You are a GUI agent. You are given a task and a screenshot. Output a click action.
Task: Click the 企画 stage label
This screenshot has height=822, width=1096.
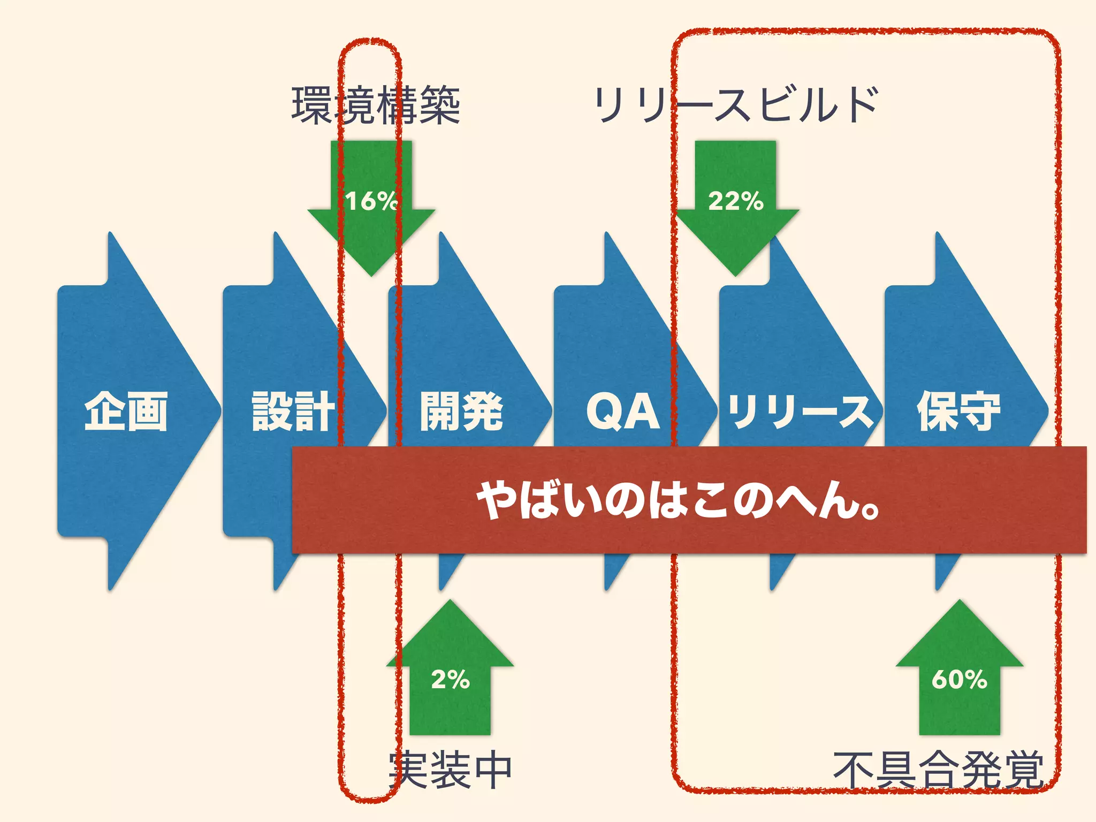click(x=126, y=411)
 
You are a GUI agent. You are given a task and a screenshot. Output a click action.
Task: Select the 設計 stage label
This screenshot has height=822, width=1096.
click(x=293, y=411)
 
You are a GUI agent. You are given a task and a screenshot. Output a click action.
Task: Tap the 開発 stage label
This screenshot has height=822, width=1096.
click(x=461, y=411)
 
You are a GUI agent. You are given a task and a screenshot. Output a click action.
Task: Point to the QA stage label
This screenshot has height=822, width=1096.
click(x=623, y=411)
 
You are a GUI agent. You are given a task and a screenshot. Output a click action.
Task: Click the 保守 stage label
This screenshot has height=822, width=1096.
click(x=958, y=411)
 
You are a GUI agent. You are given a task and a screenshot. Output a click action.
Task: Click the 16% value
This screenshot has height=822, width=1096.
click(x=371, y=201)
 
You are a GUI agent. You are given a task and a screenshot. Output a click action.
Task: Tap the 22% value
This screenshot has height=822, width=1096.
click(x=735, y=201)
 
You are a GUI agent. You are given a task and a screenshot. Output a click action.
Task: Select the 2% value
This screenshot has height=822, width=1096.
click(x=450, y=680)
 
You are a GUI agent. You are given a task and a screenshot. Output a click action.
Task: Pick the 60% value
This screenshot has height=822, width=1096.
click(x=959, y=680)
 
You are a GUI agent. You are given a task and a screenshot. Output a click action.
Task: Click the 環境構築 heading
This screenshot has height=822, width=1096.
click(x=376, y=105)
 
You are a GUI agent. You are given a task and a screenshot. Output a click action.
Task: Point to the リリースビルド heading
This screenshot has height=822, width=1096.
click(x=735, y=104)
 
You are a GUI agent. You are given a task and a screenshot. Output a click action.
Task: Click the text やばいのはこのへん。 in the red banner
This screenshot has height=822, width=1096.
click(x=678, y=500)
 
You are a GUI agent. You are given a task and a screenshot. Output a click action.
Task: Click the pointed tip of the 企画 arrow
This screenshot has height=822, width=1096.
click(x=218, y=411)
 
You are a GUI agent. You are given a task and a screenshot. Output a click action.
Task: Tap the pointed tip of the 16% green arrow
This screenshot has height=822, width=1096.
click(x=371, y=274)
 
